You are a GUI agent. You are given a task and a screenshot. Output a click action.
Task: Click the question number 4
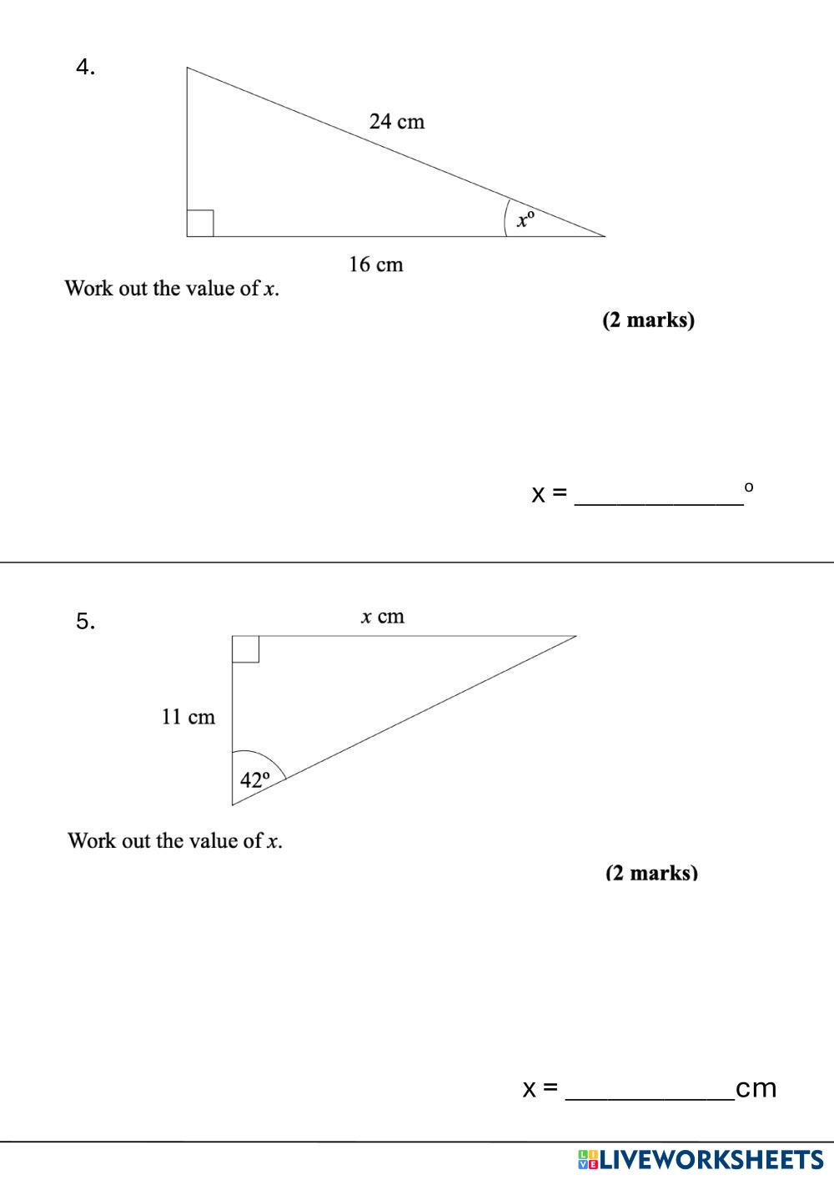85,68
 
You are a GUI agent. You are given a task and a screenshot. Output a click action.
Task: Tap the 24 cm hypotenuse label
397,122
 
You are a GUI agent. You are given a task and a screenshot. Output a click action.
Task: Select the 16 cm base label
375,265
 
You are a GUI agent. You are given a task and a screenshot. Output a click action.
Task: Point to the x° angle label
525,219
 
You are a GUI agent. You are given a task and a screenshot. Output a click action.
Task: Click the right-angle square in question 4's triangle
200,224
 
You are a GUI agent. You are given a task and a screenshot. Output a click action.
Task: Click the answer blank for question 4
659,494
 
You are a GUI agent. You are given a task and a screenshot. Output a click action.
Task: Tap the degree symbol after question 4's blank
748,486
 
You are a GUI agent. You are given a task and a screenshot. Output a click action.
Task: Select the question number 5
85,621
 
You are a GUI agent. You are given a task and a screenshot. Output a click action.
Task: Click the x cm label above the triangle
382,617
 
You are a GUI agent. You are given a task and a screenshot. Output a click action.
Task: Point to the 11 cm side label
188,717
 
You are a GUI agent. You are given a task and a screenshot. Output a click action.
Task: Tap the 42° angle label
255,780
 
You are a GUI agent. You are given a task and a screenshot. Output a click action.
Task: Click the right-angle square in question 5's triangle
245,648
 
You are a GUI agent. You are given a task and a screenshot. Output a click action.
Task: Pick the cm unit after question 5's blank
756,1088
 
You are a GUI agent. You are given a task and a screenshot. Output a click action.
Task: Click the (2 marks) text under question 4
648,320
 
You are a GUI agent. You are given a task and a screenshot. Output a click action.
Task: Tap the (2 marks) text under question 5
651,873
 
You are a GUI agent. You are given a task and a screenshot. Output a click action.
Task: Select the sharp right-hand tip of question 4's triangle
602,235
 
